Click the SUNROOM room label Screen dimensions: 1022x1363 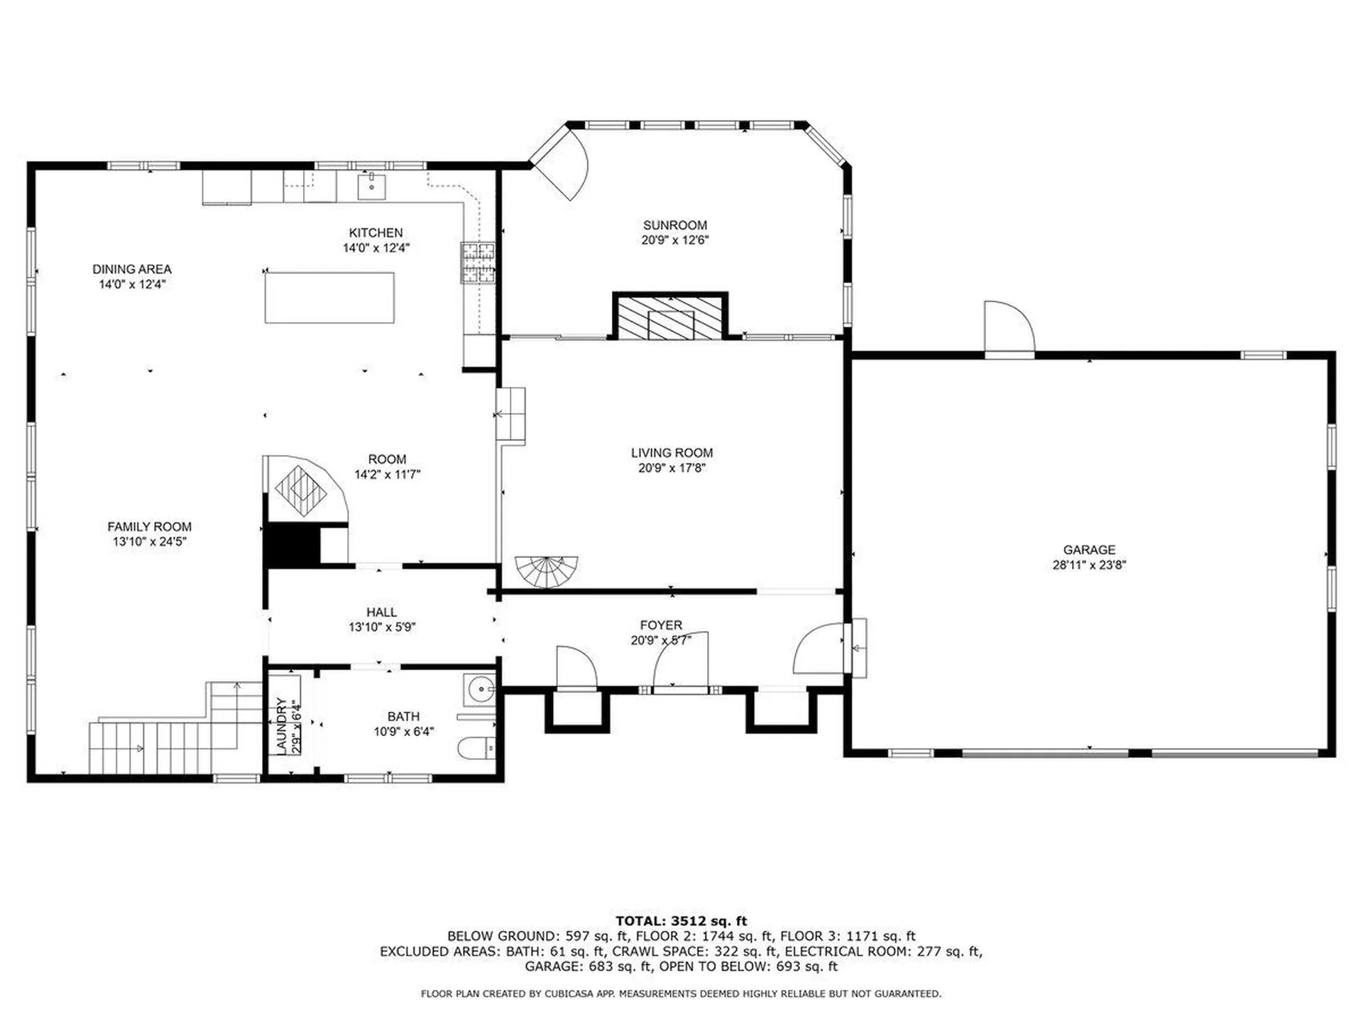pyautogui.click(x=674, y=225)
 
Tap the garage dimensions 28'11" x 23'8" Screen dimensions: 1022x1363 pyautogui.click(x=1089, y=565)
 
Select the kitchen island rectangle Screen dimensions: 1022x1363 pyautogui.click(x=329, y=298)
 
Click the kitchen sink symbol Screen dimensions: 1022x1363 pyautogui.click(x=371, y=186)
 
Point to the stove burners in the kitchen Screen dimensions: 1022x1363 pyautogui.click(x=478, y=262)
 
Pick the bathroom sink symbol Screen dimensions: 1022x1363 pyautogui.click(x=481, y=688)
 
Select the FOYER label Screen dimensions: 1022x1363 pyautogui.click(x=661, y=625)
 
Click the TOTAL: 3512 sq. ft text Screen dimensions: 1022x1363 pyautogui.click(x=681, y=921)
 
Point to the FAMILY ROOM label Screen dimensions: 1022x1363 pyautogui.click(x=149, y=527)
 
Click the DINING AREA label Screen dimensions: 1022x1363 pyautogui.click(x=132, y=269)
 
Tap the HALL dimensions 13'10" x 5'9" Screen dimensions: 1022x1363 pyautogui.click(x=381, y=627)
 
